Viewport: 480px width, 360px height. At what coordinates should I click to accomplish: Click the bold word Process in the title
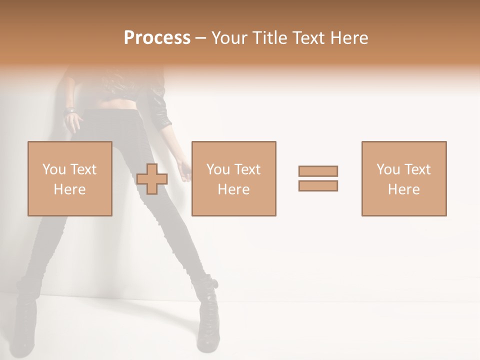[x=157, y=38]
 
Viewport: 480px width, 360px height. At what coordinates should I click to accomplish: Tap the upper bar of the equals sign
[x=318, y=171]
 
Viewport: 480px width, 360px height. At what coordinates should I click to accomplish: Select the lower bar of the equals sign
[x=318, y=185]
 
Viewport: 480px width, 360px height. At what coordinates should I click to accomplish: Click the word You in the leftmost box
[x=53, y=169]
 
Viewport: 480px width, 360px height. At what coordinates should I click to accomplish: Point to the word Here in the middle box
[x=233, y=189]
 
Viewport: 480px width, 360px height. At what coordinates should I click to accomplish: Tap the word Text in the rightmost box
[x=417, y=169]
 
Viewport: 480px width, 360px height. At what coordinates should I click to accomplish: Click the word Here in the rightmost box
[x=404, y=189]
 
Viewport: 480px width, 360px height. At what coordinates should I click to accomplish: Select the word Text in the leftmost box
[x=82, y=169]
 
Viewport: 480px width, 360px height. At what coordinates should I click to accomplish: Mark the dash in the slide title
[x=200, y=38]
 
